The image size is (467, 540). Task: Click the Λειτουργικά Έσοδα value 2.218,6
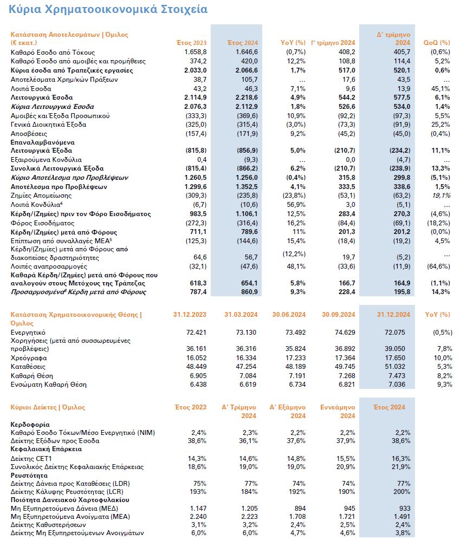tap(244, 97)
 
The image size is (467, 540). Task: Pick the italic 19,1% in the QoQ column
tap(441, 196)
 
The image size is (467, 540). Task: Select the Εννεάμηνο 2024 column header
tap(338, 412)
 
